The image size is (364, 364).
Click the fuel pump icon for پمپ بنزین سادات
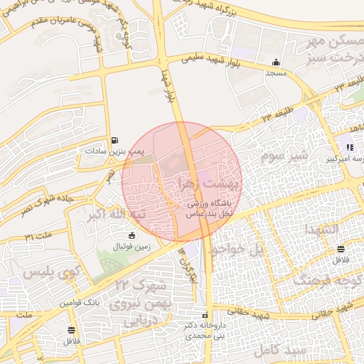pos(115,140)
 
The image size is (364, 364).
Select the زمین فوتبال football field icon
pos(131,235)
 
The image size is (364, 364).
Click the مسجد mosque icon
pos(275,62)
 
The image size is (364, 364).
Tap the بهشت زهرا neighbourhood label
pos(213,183)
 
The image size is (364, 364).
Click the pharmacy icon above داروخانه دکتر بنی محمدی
pos(205,315)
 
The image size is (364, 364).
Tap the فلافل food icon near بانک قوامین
pos(71,331)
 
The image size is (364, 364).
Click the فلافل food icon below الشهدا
pos(342,249)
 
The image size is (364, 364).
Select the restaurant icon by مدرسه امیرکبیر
pos(349,148)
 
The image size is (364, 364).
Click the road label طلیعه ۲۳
pos(276,112)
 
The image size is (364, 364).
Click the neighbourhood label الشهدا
pos(323,230)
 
